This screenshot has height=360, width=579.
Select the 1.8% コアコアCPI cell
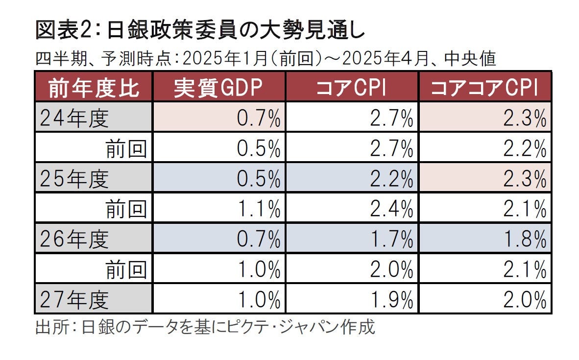click(x=524, y=240)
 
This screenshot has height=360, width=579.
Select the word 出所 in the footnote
click(x=48, y=327)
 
